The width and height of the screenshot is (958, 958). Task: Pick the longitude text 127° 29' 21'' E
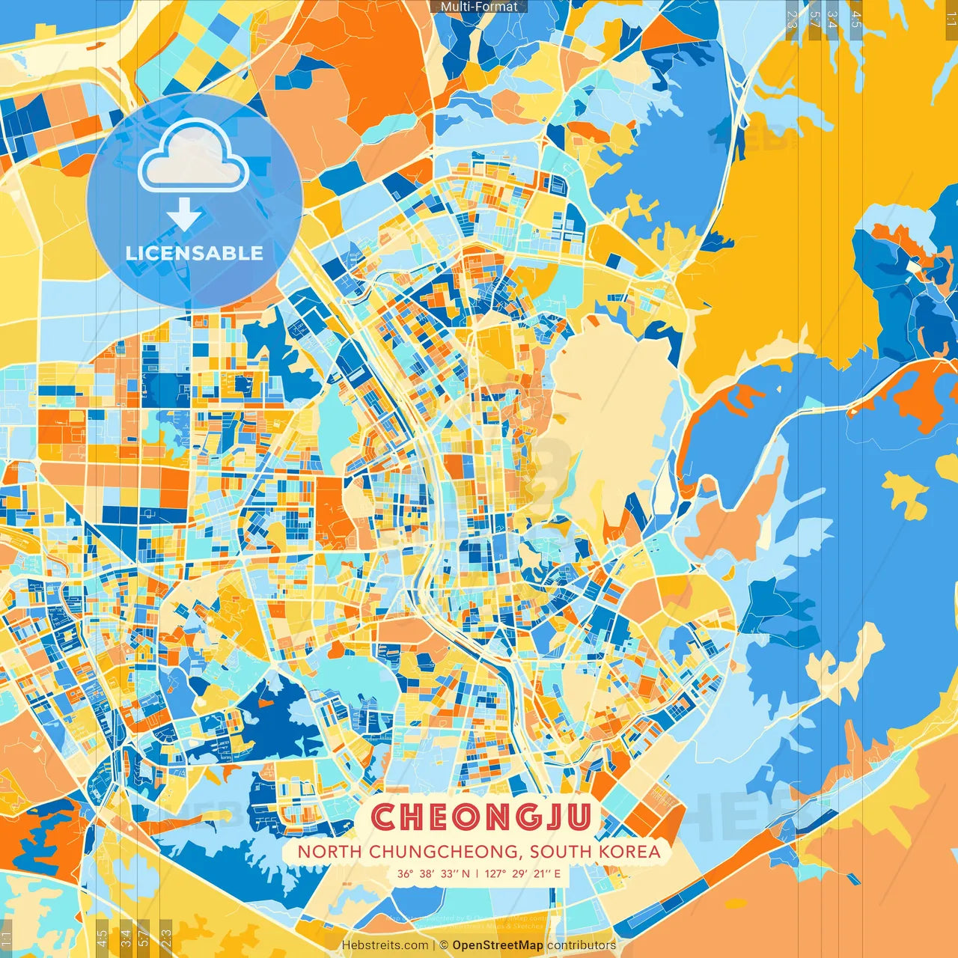522,873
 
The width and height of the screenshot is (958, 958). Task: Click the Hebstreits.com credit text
385,945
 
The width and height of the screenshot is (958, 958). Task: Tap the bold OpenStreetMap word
498,945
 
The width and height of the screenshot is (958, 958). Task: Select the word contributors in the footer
582,945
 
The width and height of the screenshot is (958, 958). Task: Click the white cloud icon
193,158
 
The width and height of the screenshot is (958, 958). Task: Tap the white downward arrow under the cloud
184,214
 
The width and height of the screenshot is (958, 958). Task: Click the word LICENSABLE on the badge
194,253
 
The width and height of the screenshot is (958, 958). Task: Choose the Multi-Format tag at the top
479,7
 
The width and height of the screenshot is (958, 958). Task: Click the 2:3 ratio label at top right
792,19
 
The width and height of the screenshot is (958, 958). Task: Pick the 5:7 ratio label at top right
814,19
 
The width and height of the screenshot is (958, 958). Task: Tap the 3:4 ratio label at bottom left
126,937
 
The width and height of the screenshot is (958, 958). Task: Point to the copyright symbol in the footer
443,945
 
